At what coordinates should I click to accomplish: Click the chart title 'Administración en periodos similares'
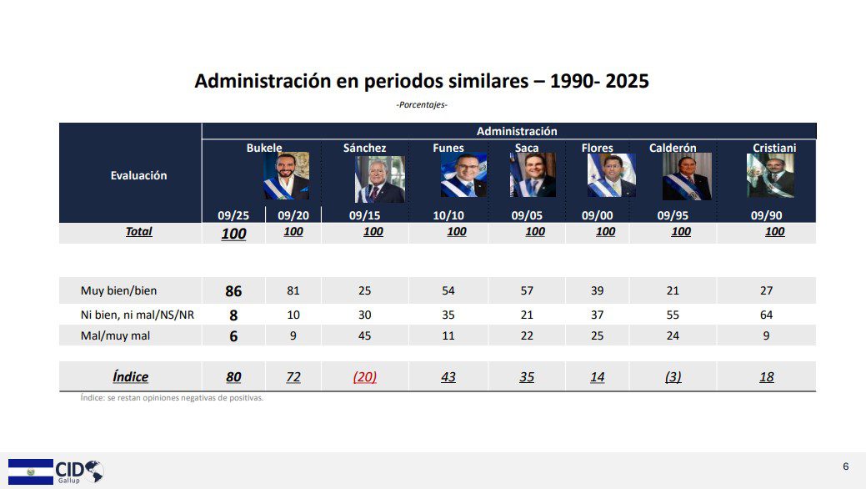click(421, 81)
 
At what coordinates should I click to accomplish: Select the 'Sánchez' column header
click(364, 148)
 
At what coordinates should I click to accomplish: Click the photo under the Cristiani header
click(770, 176)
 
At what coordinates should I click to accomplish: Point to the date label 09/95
click(673, 214)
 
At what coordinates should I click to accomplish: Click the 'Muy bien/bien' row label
click(118, 290)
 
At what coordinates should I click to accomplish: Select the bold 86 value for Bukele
click(233, 291)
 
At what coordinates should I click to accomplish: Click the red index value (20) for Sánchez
click(365, 376)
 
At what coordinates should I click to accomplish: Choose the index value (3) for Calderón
click(673, 376)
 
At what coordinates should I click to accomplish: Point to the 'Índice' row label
click(130, 376)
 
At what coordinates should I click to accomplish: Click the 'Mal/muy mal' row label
click(116, 335)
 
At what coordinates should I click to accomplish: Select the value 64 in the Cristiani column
click(766, 315)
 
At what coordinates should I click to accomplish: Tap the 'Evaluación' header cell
click(138, 175)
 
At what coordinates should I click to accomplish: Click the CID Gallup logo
click(57, 471)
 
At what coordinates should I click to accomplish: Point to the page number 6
click(846, 466)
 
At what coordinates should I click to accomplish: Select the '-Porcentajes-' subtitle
click(422, 104)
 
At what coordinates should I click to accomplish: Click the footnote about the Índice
click(171, 398)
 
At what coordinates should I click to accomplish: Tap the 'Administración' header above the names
click(517, 131)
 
